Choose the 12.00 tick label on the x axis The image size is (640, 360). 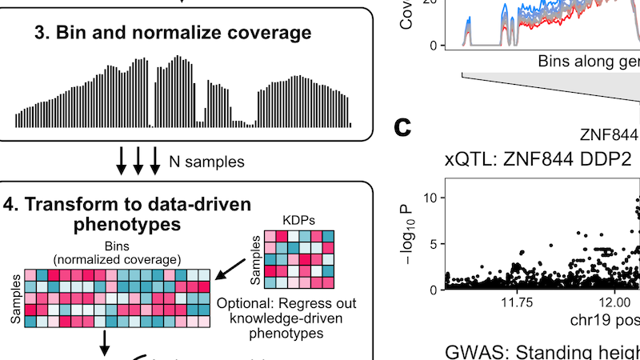[x=616, y=304]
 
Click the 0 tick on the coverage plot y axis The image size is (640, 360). [x=432, y=45]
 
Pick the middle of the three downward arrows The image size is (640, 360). [x=138, y=161]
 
